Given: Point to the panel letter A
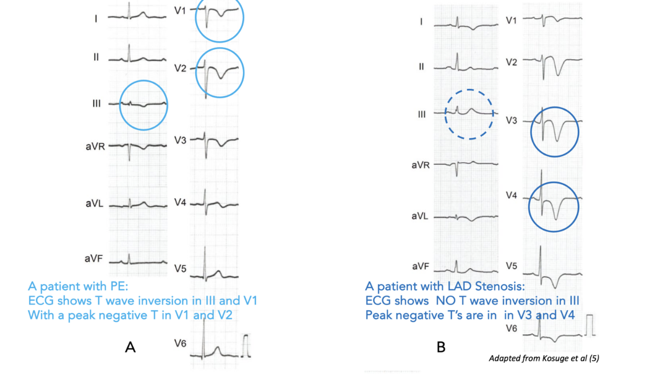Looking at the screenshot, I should [x=130, y=347].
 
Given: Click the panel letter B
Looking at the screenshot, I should [x=441, y=347].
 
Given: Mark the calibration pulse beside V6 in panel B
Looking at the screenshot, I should [x=590, y=324].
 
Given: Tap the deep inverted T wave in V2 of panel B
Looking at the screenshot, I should [x=557, y=74].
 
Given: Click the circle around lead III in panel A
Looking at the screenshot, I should [x=144, y=104].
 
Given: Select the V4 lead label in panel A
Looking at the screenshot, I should [x=180, y=202].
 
